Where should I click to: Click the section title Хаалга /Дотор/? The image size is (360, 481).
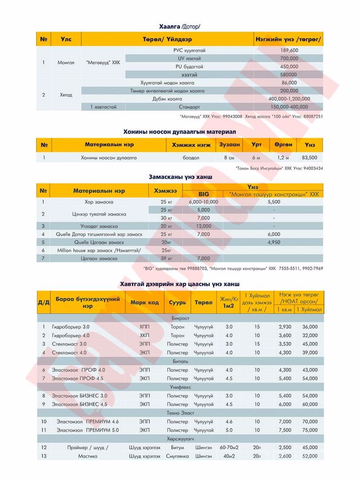tap(180, 27)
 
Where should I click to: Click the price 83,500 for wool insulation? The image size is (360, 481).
tap(309, 158)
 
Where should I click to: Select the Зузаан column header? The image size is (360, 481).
tap(230, 145)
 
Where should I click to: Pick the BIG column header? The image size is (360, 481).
tap(203, 194)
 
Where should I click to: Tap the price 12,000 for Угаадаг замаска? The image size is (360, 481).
tap(203, 226)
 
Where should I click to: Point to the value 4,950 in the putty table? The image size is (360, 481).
tap(274, 242)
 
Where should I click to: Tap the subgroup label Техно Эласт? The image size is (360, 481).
tap(180, 413)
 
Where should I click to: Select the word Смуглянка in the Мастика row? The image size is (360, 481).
tap(178, 456)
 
